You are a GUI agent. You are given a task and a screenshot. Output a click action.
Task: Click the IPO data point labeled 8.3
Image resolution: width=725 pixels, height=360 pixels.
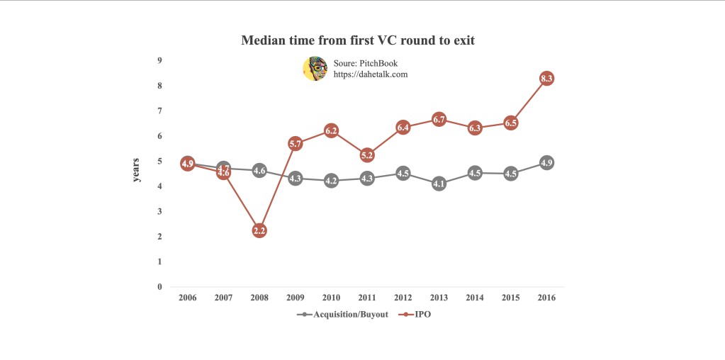coord(546,79)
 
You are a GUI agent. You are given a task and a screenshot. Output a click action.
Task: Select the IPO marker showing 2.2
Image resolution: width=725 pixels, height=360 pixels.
coord(259,230)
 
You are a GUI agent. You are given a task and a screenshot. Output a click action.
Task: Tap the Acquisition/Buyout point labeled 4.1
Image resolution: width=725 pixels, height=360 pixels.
coord(439,184)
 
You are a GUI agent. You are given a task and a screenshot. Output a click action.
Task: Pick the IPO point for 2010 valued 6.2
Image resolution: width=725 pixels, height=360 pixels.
coord(331,130)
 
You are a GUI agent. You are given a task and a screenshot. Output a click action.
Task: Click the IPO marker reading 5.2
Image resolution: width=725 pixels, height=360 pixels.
coord(367,154)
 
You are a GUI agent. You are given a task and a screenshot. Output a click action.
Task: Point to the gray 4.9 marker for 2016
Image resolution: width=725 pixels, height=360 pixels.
coord(546,163)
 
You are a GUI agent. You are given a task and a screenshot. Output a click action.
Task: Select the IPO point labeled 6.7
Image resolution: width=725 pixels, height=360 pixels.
coord(439,120)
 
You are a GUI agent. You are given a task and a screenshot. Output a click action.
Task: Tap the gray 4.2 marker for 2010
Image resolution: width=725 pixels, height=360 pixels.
coord(331,181)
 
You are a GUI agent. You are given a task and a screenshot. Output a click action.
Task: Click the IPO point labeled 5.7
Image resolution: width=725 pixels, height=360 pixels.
coord(296,144)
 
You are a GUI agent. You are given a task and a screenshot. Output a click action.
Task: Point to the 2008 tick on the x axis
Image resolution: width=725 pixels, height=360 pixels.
coord(259,298)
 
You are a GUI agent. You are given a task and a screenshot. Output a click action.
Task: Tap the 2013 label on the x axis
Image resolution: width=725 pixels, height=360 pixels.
coord(439,298)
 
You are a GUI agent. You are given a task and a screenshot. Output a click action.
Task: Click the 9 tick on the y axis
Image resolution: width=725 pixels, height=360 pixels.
coord(160,61)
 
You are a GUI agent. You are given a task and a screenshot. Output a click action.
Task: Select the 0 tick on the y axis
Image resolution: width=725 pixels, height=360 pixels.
coord(160,287)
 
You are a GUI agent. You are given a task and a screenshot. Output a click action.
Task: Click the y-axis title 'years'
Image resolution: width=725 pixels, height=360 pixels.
coord(137,170)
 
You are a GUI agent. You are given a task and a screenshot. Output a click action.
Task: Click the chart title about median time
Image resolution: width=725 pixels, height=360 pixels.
coord(358,40)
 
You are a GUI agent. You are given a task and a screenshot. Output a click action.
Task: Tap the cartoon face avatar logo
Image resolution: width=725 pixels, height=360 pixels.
coord(315,69)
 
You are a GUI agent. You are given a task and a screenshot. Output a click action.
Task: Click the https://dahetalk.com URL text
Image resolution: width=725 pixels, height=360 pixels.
coord(370,74)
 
